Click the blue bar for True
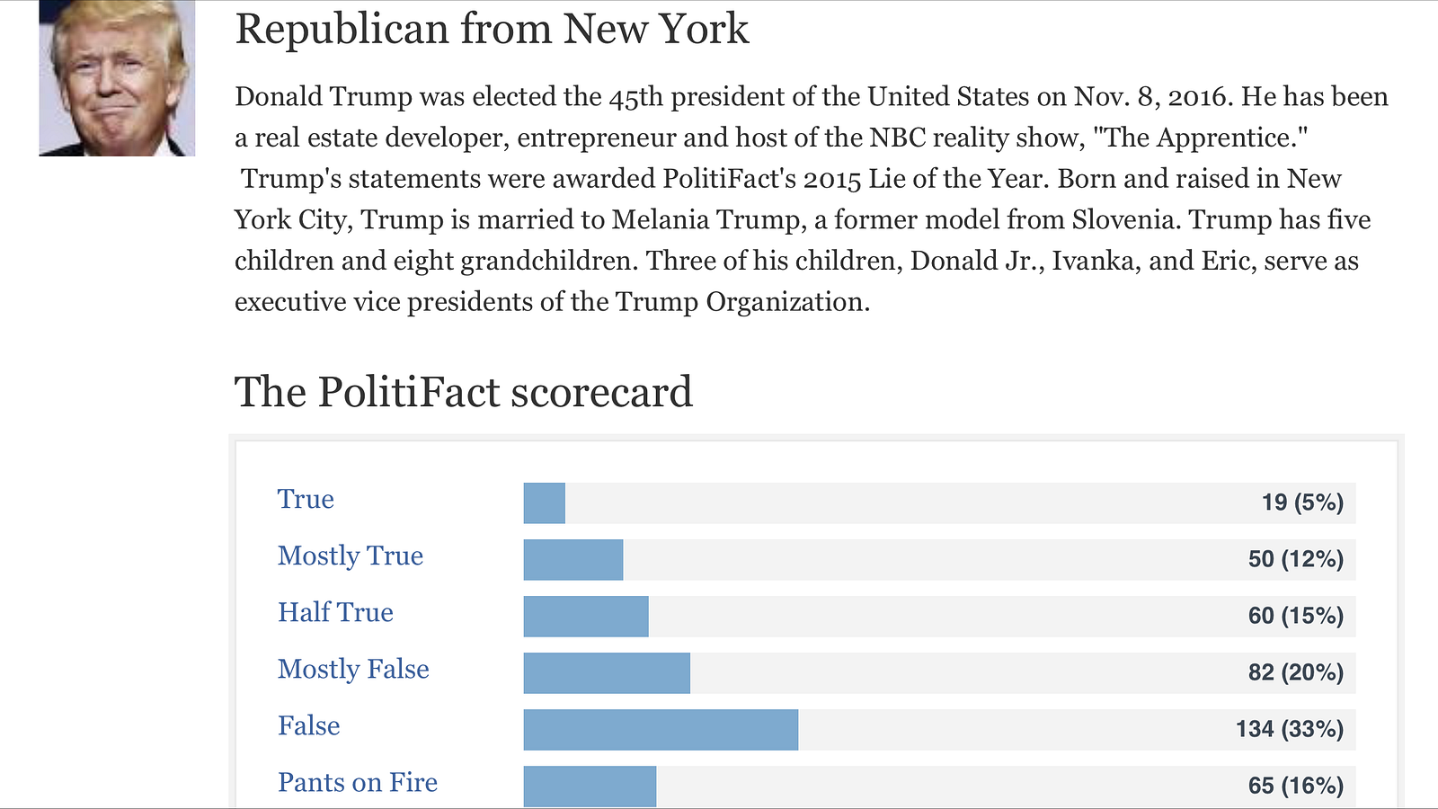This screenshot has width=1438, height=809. (x=544, y=502)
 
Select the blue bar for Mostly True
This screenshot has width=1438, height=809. (x=573, y=559)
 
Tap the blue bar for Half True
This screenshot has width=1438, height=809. (x=585, y=616)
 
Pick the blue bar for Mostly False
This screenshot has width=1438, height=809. (x=607, y=672)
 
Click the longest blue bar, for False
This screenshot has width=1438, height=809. (x=661, y=729)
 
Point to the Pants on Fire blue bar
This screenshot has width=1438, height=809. (x=590, y=786)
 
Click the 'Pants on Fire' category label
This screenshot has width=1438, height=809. (x=357, y=783)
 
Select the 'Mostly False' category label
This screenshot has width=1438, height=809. (x=353, y=670)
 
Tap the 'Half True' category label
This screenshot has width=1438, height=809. (x=335, y=613)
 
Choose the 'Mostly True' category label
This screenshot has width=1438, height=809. (x=350, y=556)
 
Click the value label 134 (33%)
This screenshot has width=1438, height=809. (x=1289, y=729)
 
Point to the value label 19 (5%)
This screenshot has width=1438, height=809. (x=1302, y=502)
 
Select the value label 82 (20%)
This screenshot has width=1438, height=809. (x=1295, y=672)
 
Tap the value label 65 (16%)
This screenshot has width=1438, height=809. (x=1295, y=786)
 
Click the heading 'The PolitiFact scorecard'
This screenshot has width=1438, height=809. (x=463, y=392)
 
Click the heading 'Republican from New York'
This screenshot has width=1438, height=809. (x=491, y=29)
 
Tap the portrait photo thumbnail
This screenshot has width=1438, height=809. (x=117, y=78)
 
